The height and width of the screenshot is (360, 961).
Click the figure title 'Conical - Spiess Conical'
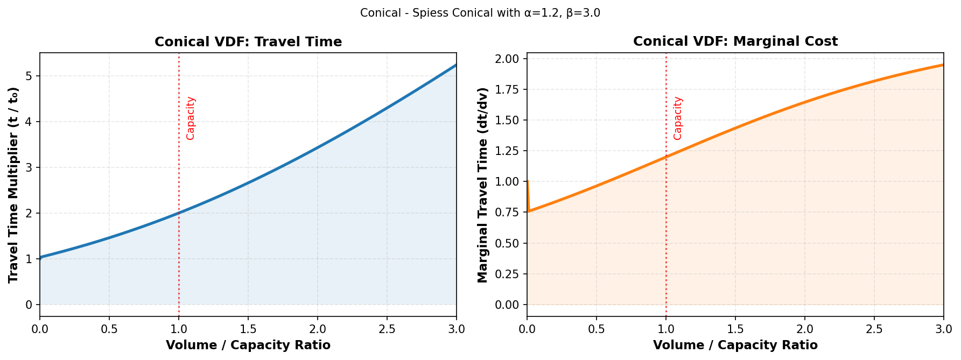(x=480, y=13)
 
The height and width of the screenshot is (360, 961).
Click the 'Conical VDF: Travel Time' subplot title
(x=248, y=42)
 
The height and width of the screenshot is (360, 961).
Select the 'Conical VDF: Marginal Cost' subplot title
(x=735, y=42)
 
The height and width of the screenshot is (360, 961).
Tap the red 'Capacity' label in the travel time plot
(x=191, y=118)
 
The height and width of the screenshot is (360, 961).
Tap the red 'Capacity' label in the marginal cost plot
(x=678, y=118)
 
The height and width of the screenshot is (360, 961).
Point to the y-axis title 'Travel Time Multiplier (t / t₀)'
(x=13, y=185)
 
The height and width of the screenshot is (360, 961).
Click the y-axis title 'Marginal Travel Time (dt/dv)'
(x=482, y=185)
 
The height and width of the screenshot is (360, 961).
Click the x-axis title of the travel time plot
(x=248, y=345)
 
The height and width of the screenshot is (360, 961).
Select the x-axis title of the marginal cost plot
(x=735, y=345)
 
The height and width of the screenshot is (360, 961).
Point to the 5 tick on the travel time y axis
(x=30, y=76)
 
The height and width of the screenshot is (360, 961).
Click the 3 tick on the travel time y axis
(x=30, y=167)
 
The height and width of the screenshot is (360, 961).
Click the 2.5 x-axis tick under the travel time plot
(x=387, y=329)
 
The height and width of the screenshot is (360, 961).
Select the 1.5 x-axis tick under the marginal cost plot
(x=735, y=329)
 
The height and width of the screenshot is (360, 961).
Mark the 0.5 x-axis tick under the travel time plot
(x=109, y=329)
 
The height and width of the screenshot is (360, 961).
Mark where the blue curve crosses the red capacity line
(x=179, y=213)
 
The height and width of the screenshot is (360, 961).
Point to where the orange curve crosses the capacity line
(x=666, y=157)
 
